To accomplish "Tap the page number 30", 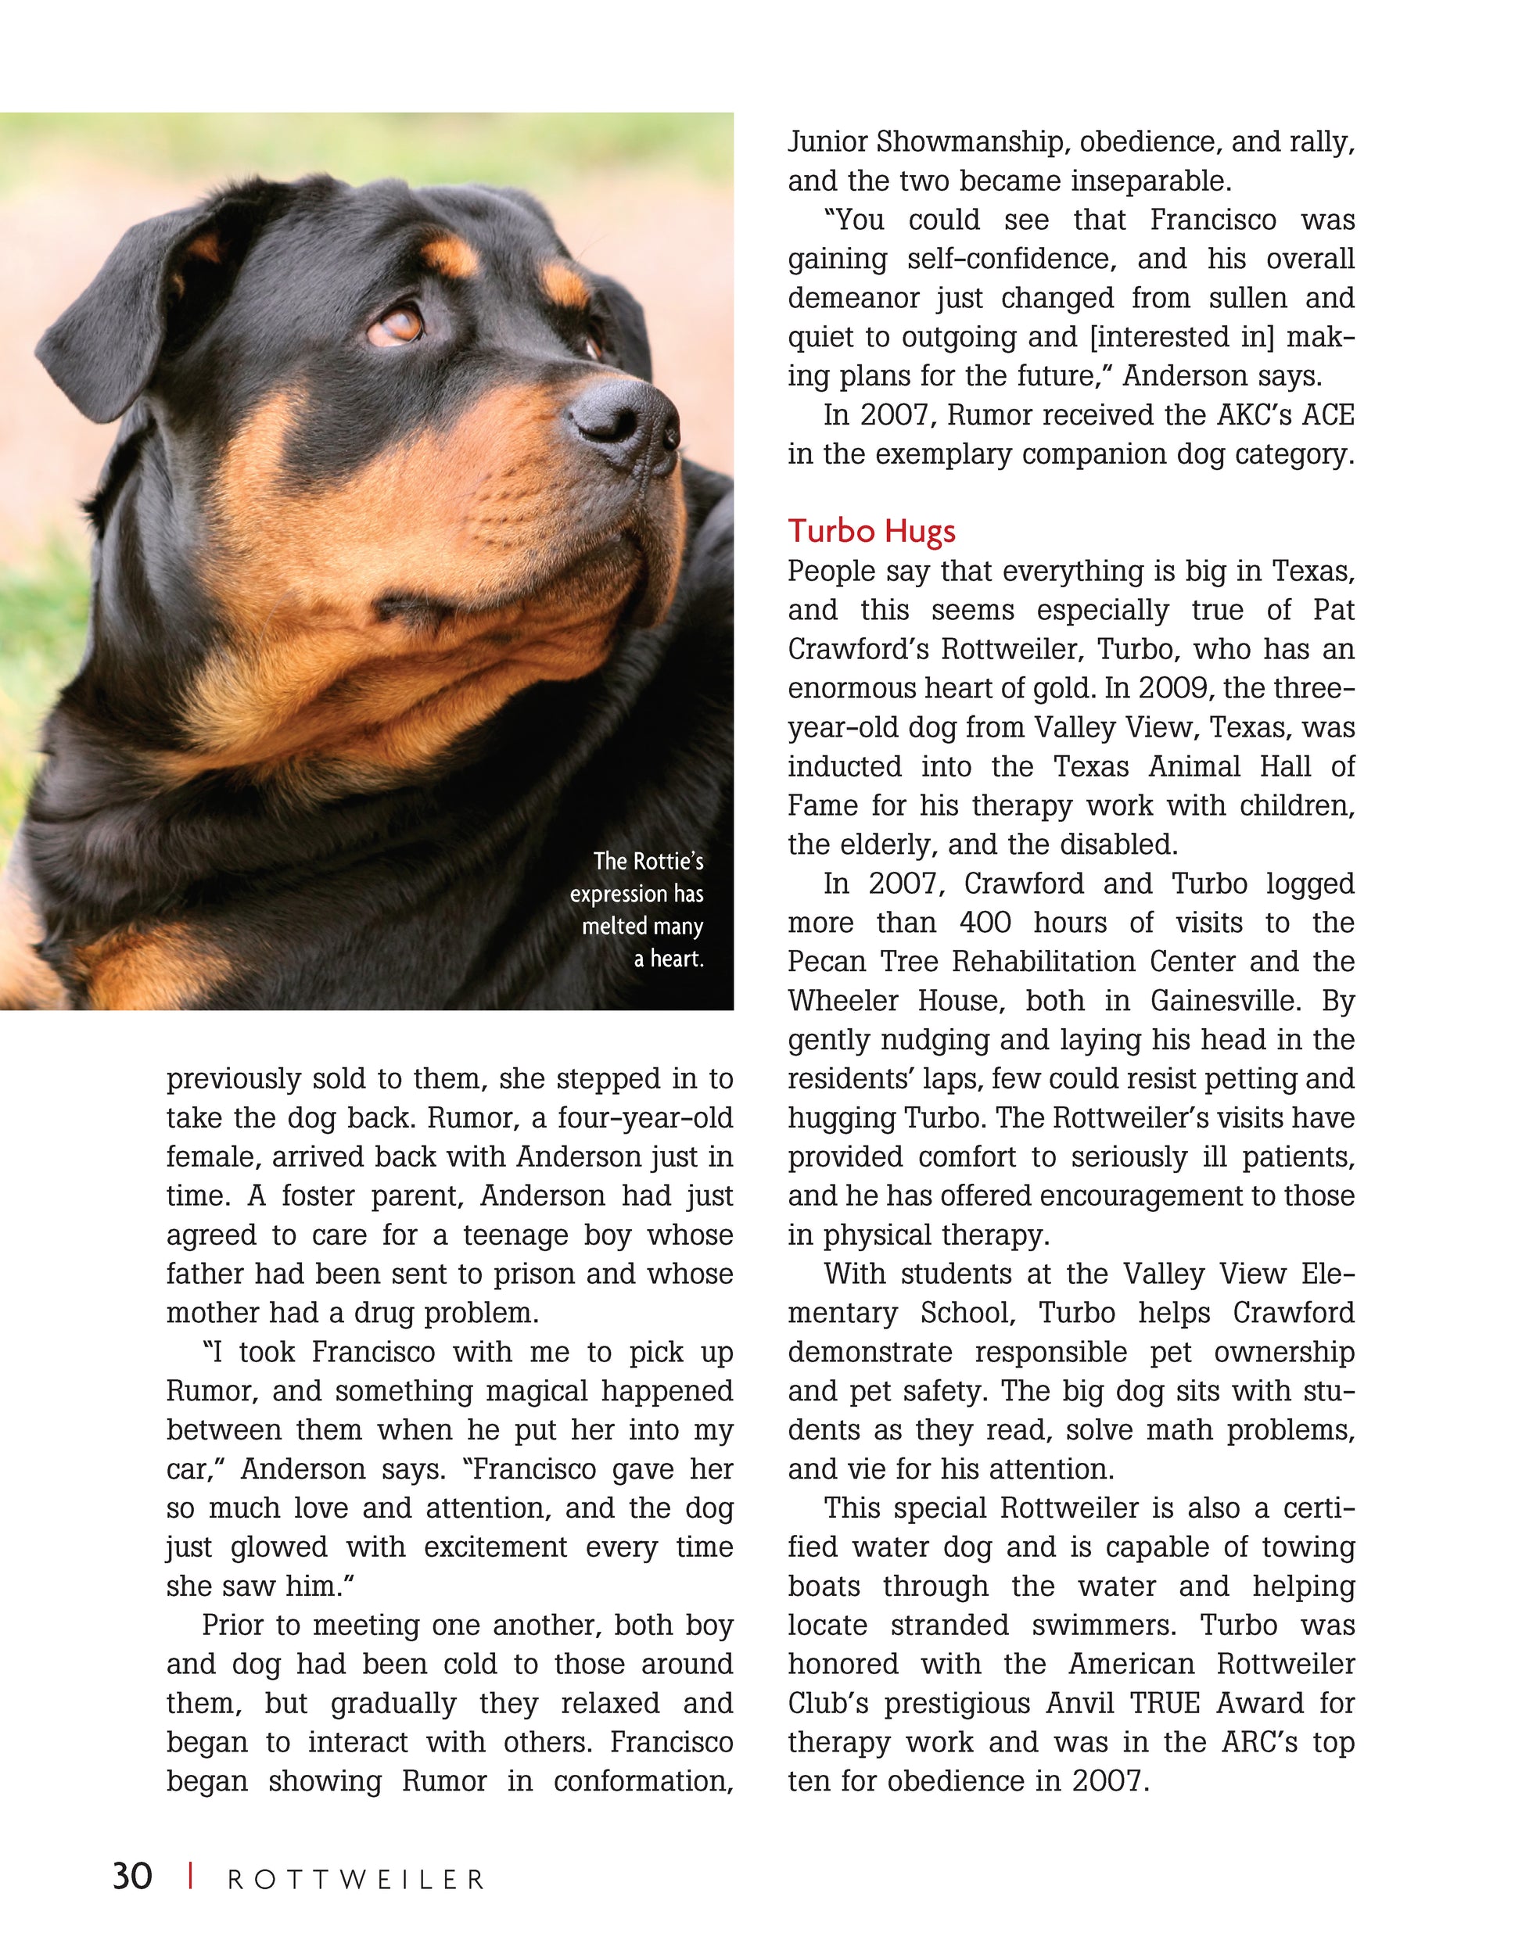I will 132,1877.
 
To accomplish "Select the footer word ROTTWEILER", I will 356,1880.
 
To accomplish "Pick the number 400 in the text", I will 985,923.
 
